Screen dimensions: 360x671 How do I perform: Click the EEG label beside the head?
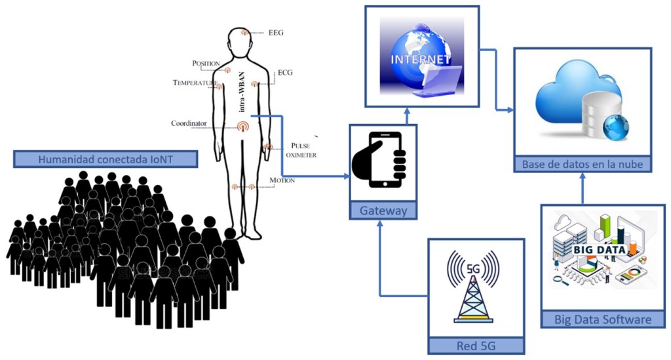click(276, 31)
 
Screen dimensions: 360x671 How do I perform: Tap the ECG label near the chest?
click(285, 72)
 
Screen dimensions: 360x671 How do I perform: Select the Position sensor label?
click(206, 63)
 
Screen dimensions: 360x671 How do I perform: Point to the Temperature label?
click(195, 83)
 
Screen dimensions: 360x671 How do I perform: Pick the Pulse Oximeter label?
click(301, 150)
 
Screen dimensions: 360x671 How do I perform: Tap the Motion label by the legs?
click(282, 180)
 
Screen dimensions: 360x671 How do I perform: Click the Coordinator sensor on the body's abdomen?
click(242, 125)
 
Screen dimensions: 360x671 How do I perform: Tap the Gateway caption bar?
click(383, 210)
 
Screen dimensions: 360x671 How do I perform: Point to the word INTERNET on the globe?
click(420, 58)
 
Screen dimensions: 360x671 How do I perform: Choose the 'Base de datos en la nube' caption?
click(583, 164)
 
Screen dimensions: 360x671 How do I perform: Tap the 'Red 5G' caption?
click(476, 346)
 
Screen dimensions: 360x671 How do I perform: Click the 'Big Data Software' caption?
click(603, 320)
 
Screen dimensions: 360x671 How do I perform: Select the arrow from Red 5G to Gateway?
click(381, 262)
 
